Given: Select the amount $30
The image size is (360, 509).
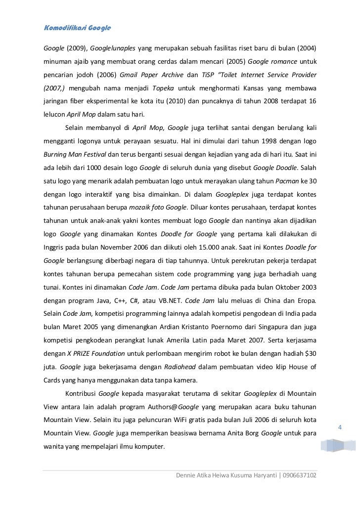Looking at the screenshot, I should point(309,354).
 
